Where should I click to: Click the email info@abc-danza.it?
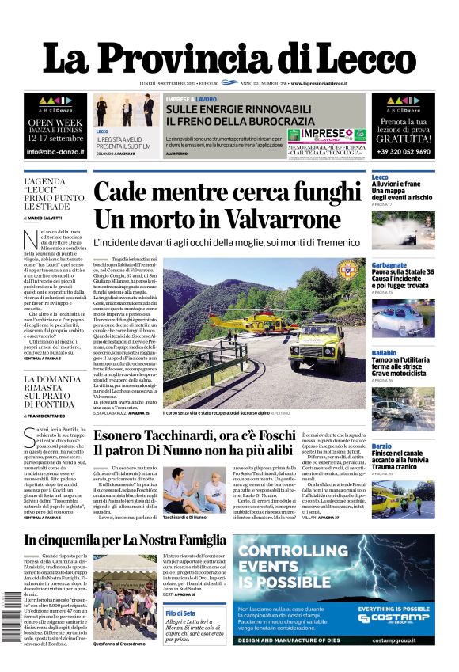54,151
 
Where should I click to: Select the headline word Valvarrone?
272,218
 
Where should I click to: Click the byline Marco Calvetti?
51,218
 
